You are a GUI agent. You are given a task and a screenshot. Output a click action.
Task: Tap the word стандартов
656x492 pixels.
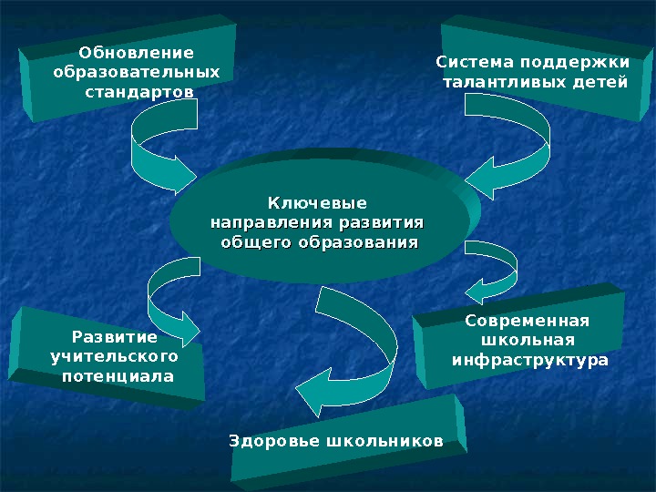click(138, 92)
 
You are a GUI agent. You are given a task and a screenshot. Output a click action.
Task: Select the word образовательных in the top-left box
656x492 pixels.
click(137, 72)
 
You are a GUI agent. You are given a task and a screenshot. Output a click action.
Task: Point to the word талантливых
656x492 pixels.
click(501, 83)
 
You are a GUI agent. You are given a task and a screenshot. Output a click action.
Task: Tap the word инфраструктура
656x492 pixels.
click(530, 361)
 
